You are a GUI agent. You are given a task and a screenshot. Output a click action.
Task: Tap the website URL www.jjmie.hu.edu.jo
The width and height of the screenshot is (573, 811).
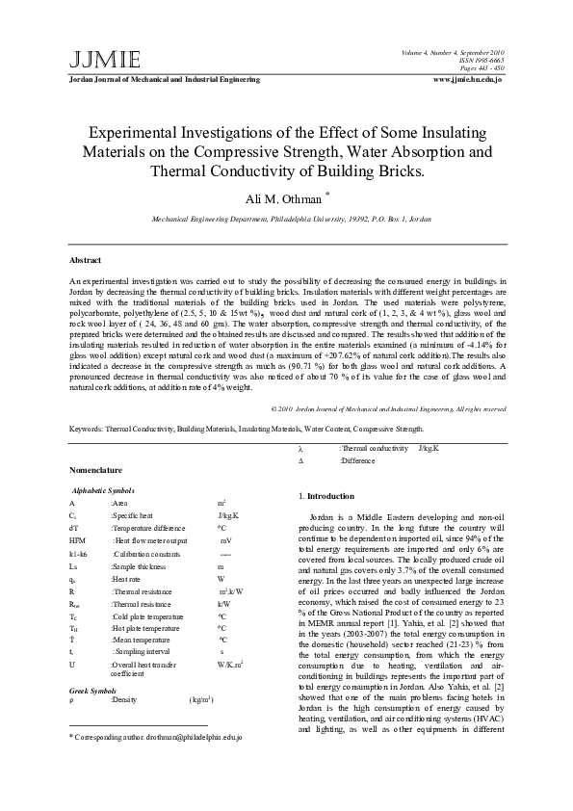tap(468, 79)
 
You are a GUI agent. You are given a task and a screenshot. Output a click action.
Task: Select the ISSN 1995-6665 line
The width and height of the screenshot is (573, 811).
tap(478, 60)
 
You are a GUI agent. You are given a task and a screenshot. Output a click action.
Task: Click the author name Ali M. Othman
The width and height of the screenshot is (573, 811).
tap(282, 197)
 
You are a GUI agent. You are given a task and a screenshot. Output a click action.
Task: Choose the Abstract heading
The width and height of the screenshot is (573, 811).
tap(86, 260)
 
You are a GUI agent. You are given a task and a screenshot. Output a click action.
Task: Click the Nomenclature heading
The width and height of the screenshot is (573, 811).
tap(96, 469)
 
